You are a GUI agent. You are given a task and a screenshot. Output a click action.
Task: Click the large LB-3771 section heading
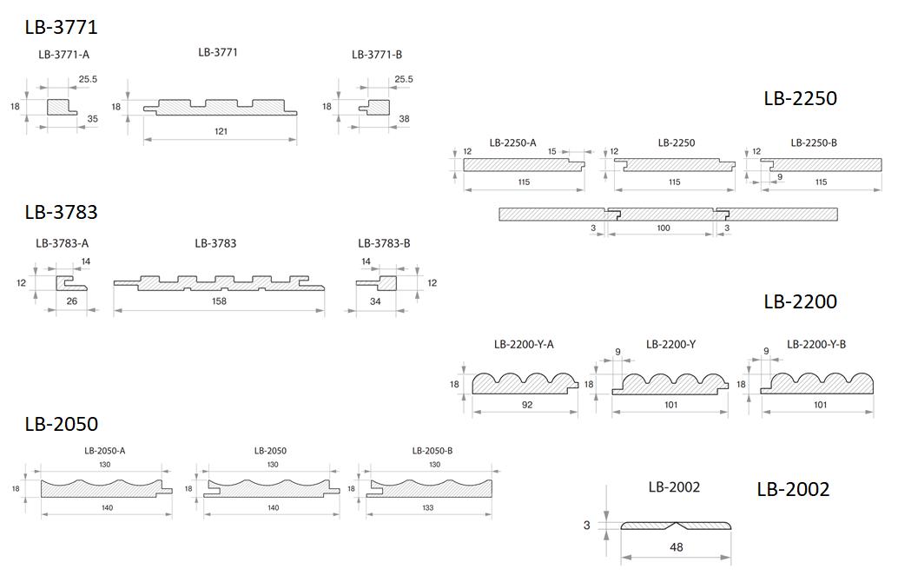pos(62,27)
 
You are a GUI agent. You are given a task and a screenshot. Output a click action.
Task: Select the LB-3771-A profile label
pos(63,55)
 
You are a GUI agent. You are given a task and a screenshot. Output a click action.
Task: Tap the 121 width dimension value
pos(221,131)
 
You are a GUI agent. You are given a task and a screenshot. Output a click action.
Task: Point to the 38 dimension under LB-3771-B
pos(404,119)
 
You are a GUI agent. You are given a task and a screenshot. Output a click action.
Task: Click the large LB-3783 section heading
pos(62,212)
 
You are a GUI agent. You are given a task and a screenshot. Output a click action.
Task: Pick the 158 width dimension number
pos(219,301)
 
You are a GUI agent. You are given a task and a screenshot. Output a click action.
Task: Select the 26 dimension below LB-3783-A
pos(71,301)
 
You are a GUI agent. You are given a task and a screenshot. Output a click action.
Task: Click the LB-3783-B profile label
pos(384,243)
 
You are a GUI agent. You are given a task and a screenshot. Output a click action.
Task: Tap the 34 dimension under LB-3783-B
pos(375,301)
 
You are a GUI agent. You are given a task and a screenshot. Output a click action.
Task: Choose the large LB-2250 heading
pos(800,98)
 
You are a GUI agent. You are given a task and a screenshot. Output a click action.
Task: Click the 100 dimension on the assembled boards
pos(664,228)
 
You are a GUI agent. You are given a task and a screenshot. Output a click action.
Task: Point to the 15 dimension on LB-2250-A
pos(552,151)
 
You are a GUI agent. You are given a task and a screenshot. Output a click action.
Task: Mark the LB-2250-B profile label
pos(814,142)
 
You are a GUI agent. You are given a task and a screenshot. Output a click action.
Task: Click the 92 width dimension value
pos(527,405)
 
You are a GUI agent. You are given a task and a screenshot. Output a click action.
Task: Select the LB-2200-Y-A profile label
pos(524,344)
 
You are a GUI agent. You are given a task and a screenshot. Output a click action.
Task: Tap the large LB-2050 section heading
pos(62,424)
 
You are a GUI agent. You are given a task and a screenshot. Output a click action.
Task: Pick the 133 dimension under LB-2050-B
pos(428,507)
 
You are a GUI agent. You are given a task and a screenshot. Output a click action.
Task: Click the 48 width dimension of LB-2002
pos(676,547)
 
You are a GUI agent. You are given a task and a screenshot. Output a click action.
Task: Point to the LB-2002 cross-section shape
pos(676,526)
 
